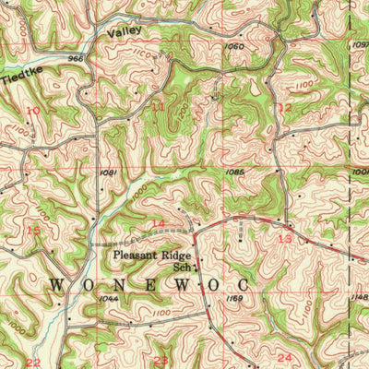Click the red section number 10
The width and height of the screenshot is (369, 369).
[x=34, y=110]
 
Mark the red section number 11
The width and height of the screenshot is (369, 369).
[x=158, y=107]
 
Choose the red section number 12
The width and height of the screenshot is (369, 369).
[x=285, y=107]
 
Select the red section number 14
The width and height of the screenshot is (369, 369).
[x=158, y=224]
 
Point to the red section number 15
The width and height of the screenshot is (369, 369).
[x=34, y=230]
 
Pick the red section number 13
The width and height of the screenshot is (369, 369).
[x=285, y=238]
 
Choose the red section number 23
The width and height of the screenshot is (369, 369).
[x=161, y=360]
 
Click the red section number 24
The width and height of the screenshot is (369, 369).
[x=284, y=357]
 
